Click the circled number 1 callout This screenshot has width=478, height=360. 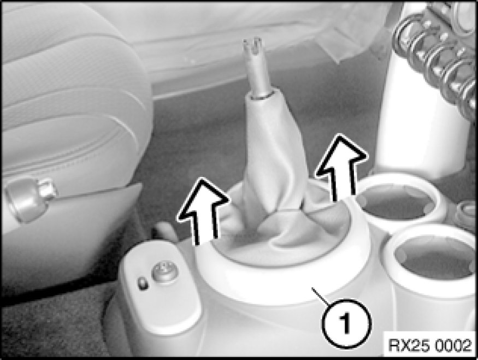tap(346, 323)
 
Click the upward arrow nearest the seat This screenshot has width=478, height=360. tap(203, 211)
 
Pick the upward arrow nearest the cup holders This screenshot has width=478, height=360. tap(341, 167)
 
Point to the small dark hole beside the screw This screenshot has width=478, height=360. tap(143, 284)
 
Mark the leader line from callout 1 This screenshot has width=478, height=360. tap(323, 296)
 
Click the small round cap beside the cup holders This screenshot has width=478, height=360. tap(466, 214)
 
